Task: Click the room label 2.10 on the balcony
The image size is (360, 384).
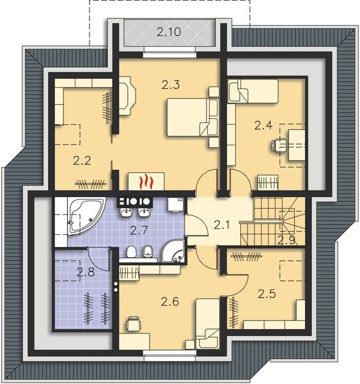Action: click(169, 31)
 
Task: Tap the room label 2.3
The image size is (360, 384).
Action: click(169, 83)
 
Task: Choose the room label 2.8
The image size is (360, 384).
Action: click(86, 273)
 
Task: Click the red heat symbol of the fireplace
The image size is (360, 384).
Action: click(147, 181)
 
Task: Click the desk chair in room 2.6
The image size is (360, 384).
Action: click(134, 324)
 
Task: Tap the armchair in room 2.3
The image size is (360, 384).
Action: click(129, 93)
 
